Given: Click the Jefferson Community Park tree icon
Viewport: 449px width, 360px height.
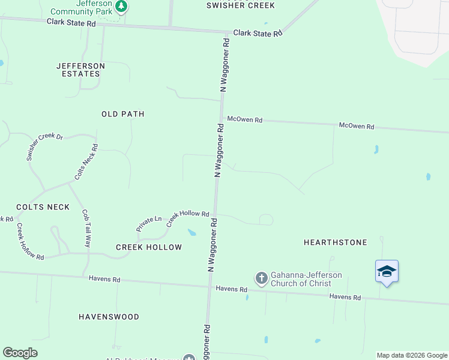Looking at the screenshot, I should (122, 6).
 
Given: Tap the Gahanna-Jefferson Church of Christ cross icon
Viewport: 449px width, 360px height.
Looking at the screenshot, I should (261, 278).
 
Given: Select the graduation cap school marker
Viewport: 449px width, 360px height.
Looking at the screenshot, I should (387, 272).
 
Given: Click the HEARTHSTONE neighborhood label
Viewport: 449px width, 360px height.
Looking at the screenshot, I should (335, 242).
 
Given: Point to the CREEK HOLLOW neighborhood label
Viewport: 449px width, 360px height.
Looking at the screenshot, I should (149, 247).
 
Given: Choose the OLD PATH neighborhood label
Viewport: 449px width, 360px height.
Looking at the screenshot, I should (123, 113).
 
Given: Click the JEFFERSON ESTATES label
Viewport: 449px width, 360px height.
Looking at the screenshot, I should (80, 70).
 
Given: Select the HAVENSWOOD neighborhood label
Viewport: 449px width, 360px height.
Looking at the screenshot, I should (109, 316).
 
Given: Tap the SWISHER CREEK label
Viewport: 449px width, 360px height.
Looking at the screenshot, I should (240, 5).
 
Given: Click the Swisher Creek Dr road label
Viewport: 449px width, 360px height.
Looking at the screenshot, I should (44, 146).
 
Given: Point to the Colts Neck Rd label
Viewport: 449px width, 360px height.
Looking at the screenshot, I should (86, 162).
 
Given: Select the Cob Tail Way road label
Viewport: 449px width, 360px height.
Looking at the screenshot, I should (86, 229).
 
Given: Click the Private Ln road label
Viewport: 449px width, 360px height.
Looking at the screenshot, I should (149, 224).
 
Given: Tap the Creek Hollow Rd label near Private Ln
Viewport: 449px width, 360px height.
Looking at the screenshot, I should (187, 217).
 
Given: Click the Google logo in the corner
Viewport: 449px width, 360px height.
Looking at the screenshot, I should (20, 353).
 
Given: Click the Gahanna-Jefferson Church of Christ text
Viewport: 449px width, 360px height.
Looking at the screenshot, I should (306, 279).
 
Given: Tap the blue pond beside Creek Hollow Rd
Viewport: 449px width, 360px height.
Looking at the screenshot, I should (192, 232).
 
